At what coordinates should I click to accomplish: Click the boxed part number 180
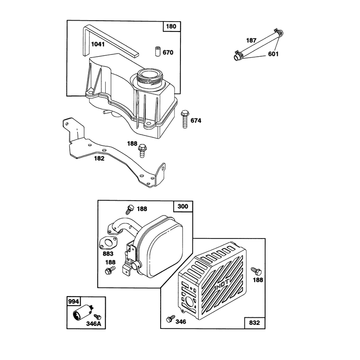171,27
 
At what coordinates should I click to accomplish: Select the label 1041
98,44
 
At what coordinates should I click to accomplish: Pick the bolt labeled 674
184,119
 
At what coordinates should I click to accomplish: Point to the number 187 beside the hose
251,40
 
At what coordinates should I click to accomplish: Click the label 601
273,54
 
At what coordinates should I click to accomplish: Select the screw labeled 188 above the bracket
142,150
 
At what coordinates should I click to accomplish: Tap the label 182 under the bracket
99,158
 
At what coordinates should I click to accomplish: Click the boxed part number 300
183,207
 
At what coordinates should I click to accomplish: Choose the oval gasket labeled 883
108,243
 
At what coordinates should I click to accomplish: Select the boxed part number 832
254,323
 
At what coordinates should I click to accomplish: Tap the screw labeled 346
171,319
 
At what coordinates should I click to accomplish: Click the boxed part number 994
73,301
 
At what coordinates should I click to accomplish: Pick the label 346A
94,324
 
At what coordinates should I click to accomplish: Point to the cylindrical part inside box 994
82,312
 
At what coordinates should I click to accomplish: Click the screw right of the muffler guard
256,271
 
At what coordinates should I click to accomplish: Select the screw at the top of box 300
130,209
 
